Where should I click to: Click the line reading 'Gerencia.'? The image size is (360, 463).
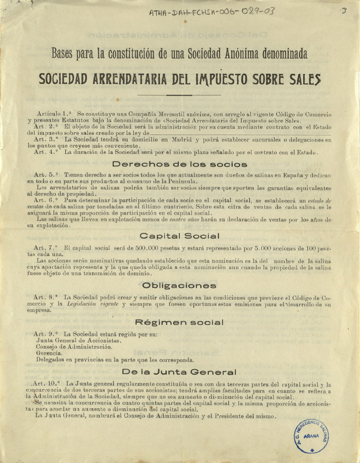click(x=51, y=352)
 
